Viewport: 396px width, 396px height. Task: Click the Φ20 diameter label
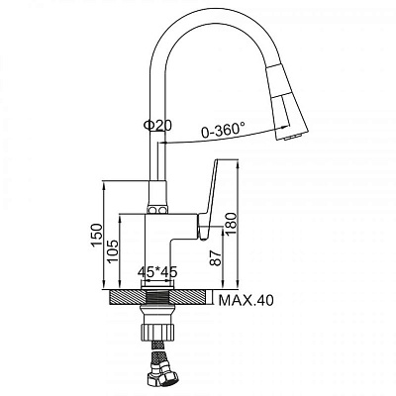tap(157, 126)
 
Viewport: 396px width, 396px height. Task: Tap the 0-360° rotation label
tap(224, 130)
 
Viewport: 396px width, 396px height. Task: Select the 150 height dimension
tap(97, 235)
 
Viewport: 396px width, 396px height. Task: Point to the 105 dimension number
tap(112, 251)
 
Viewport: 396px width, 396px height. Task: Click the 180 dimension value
tap(232, 224)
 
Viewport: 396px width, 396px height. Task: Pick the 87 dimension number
tap(215, 257)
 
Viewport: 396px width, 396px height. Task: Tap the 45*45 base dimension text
tap(157, 272)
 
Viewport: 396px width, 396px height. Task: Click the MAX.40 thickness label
tap(247, 300)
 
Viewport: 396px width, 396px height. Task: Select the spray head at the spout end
tap(286, 102)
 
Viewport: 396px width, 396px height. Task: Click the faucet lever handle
tap(210, 199)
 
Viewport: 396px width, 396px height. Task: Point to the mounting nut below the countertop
tap(157, 331)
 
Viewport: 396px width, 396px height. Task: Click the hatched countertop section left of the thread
tap(127, 297)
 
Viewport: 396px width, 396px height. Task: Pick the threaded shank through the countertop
tap(157, 297)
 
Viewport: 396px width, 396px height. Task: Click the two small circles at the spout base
tap(157, 210)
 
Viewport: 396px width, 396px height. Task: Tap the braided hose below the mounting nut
tap(156, 349)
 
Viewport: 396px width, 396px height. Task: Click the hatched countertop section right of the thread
tap(189, 297)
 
